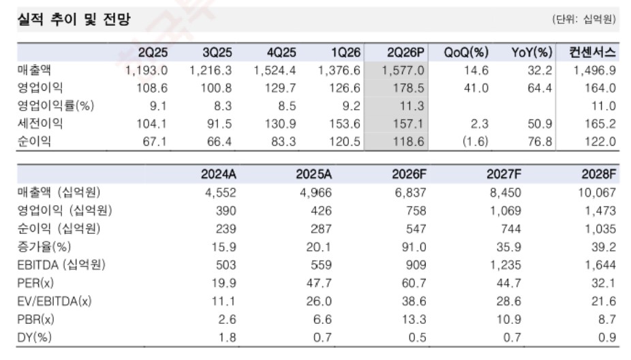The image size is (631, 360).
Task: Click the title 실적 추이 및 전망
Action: pos(74,19)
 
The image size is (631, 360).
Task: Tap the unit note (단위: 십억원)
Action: pos(584,19)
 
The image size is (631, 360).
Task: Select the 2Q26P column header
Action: pos(405,52)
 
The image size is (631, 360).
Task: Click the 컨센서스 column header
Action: pos(592,52)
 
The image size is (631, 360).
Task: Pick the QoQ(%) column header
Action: pos(466,52)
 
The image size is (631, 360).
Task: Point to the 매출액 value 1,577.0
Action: pos(403,70)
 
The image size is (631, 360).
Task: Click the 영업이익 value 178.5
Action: pos(408,88)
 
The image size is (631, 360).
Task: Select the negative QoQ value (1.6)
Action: pos(475,141)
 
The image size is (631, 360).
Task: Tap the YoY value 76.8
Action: pos(540,141)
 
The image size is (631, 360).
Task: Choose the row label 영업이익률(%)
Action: pos(55,106)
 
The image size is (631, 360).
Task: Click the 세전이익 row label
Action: pos(40,123)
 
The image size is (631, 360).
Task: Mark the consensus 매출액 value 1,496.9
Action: pos(594,70)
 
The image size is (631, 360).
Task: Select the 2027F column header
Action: pos(504,175)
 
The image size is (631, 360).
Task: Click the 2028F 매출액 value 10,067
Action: pos(597,193)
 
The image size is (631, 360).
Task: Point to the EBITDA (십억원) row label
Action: pos(61,265)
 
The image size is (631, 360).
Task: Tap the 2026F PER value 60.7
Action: pos(414,283)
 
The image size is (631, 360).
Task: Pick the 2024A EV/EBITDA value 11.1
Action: pos(224,301)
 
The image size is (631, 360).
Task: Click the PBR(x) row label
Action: pos(35,319)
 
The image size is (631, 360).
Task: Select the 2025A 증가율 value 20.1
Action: pos(318,247)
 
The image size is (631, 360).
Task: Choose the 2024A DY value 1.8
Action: pos(227,337)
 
